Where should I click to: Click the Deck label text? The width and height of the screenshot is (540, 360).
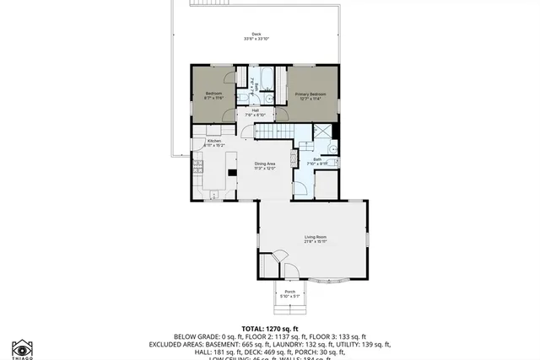pyautogui.click(x=256, y=34)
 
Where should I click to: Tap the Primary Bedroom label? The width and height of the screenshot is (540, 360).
pyautogui.click(x=310, y=94)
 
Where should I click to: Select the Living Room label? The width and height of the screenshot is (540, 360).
pyautogui.click(x=316, y=237)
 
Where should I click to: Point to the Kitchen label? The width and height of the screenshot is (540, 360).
pyautogui.click(x=213, y=141)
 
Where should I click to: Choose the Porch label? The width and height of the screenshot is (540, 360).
pyautogui.click(x=289, y=292)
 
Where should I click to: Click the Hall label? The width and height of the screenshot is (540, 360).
pyautogui.click(x=255, y=110)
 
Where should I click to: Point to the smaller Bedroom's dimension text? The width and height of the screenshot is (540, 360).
pyautogui.click(x=213, y=99)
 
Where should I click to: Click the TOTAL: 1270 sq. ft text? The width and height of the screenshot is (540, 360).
pyautogui.click(x=270, y=327)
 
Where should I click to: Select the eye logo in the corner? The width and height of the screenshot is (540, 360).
pyautogui.click(x=23, y=347)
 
